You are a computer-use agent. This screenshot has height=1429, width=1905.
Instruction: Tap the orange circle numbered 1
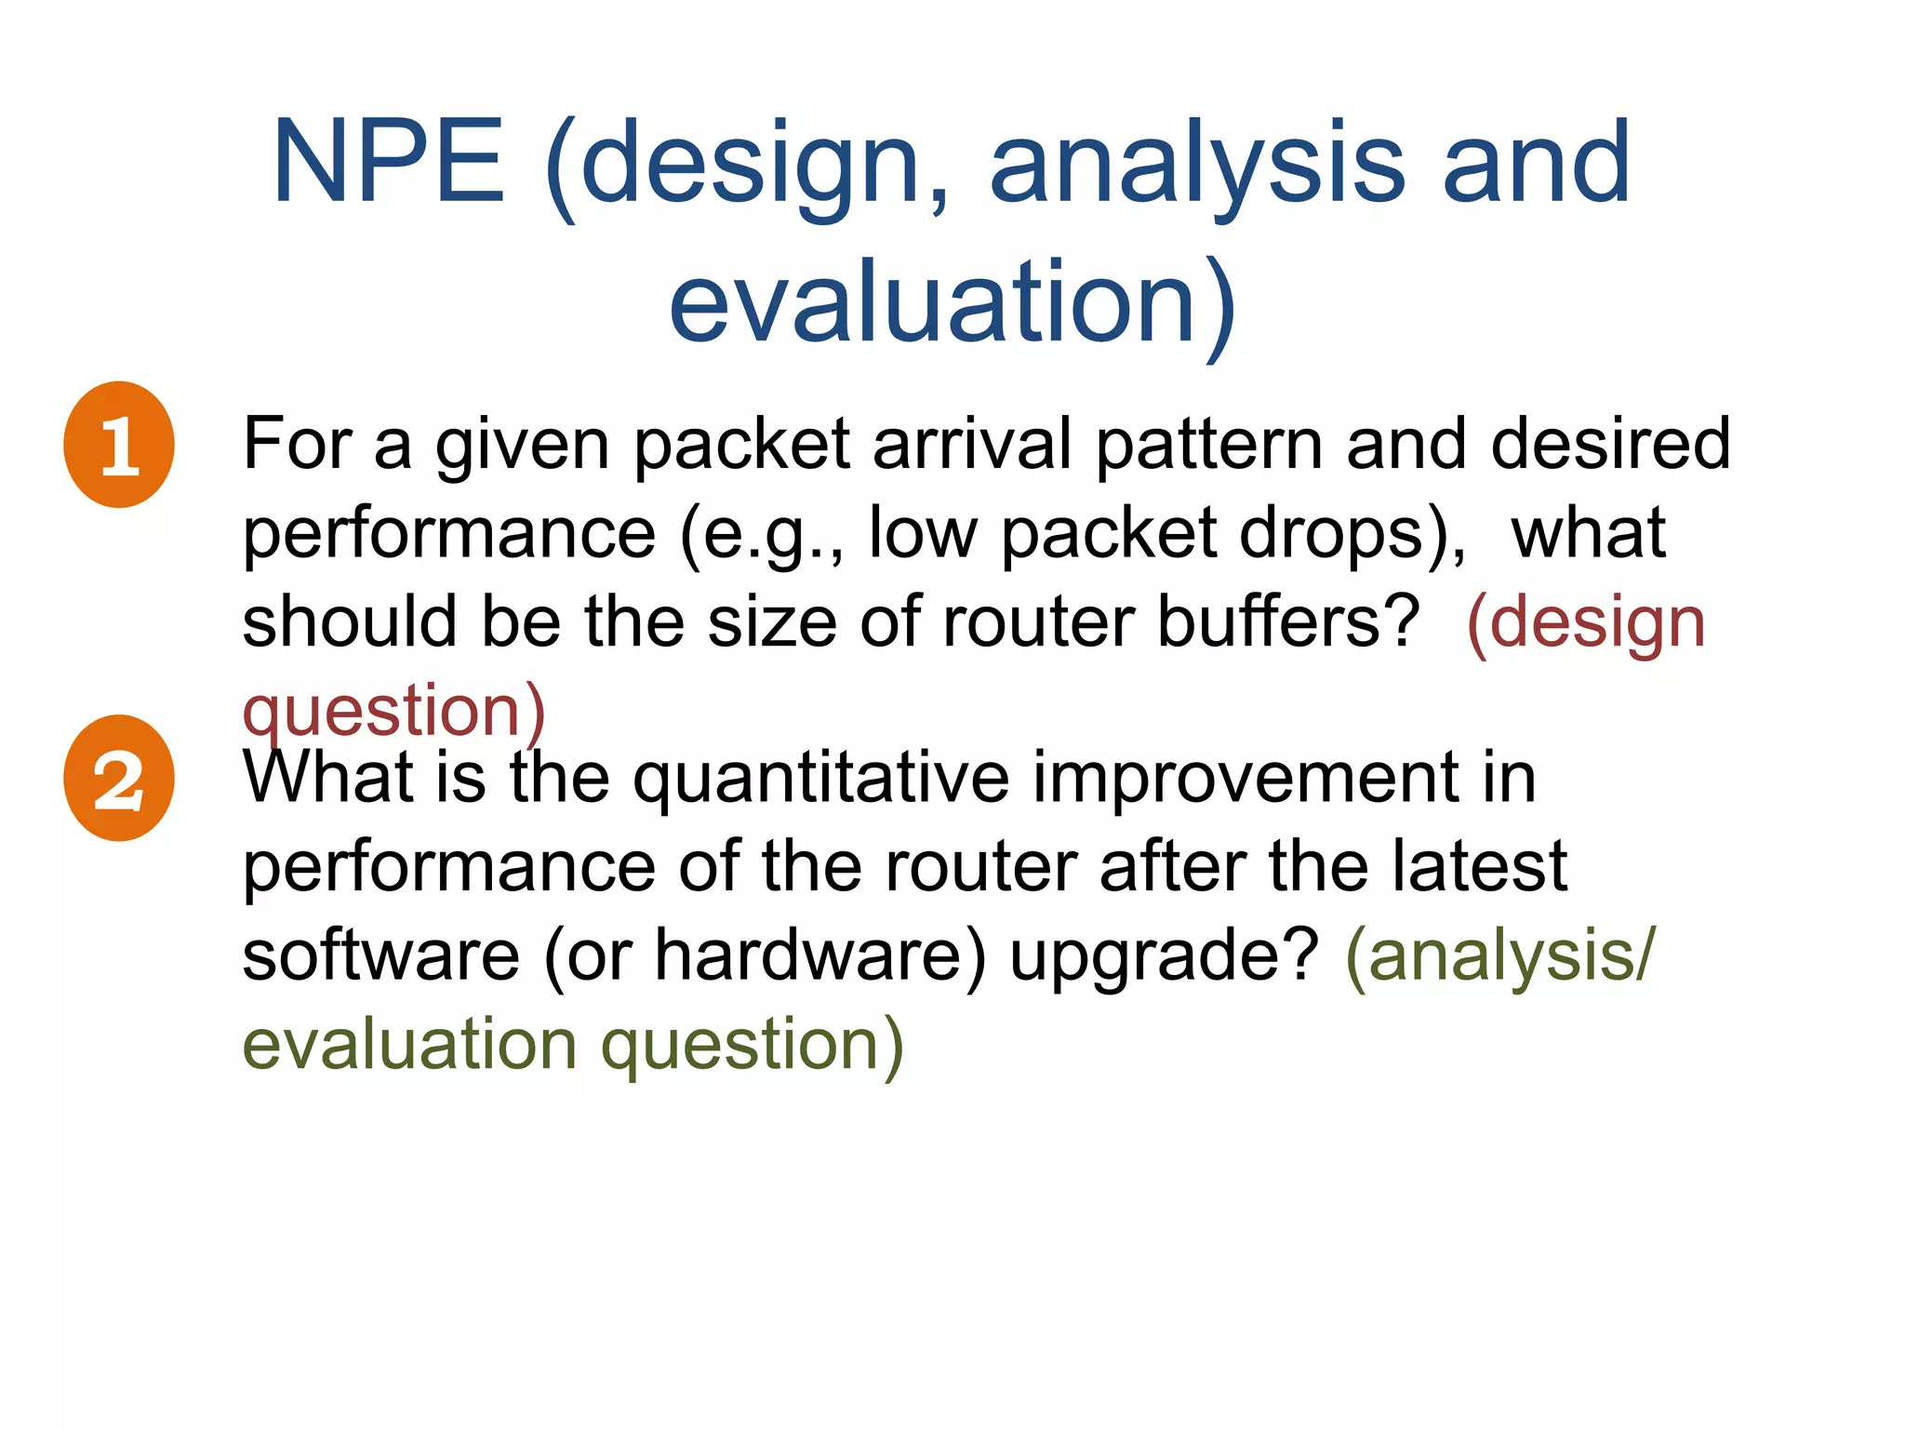point(119,445)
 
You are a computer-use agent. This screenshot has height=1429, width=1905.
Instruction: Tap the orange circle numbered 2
point(119,779)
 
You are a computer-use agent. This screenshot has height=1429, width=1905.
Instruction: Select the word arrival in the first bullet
point(973,445)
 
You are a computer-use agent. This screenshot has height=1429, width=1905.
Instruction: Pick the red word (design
point(1586,622)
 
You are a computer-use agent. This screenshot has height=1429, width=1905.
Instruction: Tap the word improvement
point(1246,779)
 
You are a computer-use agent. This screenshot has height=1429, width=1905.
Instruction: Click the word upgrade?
point(1165,957)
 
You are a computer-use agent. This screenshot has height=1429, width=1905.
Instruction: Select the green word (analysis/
point(1500,957)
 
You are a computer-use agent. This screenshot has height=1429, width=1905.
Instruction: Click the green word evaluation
point(409,1044)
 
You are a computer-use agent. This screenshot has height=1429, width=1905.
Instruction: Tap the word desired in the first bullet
point(1611,445)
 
